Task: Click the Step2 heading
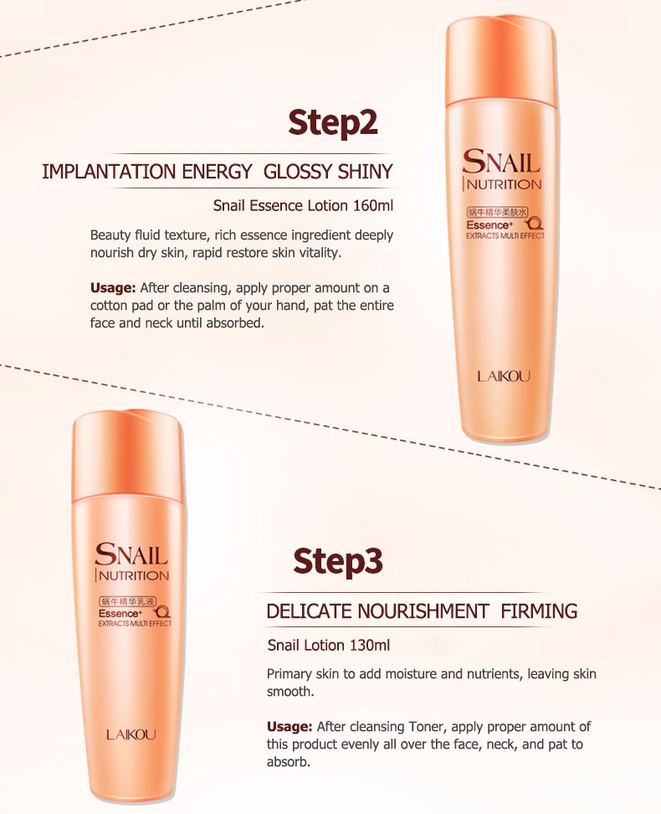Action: pyautogui.click(x=333, y=123)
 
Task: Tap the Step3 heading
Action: pyautogui.click(x=337, y=561)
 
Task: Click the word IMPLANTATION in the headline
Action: pyautogui.click(x=105, y=173)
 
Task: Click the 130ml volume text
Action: pyautogui.click(x=369, y=645)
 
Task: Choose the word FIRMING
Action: pyautogui.click(x=539, y=611)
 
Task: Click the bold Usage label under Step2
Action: pyautogui.click(x=113, y=287)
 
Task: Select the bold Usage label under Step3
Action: pyautogui.click(x=290, y=726)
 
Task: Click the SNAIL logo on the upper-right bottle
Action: pyautogui.click(x=501, y=162)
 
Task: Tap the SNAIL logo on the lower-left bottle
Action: pyautogui.click(x=131, y=554)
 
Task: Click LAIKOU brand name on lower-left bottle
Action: pyautogui.click(x=131, y=734)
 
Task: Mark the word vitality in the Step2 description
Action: pyautogui.click(x=342, y=252)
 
